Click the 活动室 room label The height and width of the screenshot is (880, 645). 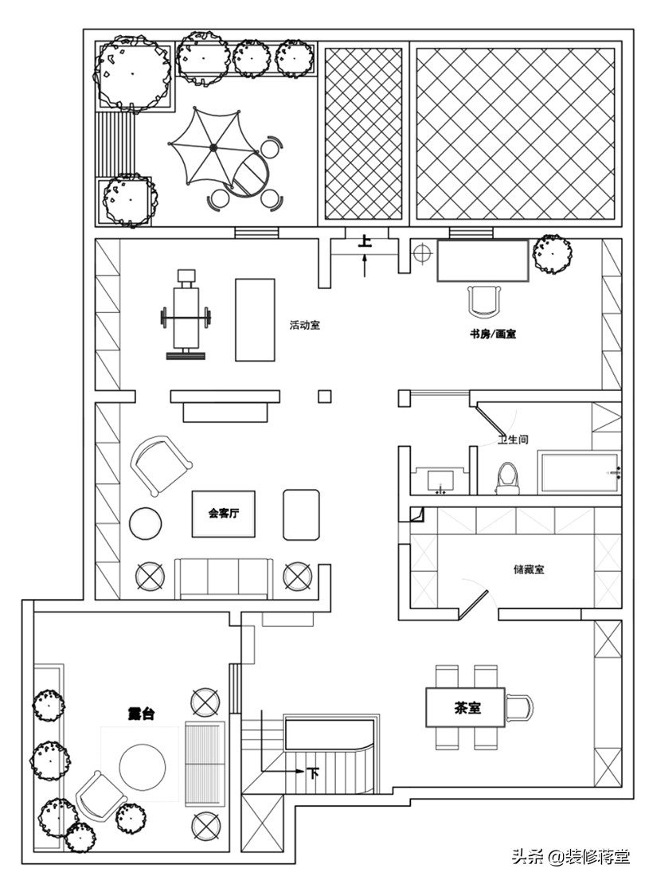(304, 325)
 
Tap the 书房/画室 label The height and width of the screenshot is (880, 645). (493, 334)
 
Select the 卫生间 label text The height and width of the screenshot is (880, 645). (513, 440)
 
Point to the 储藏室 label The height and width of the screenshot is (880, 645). (529, 569)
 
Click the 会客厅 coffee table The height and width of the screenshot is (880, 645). (224, 514)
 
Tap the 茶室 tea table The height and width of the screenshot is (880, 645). (465, 707)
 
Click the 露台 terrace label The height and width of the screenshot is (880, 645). (141, 714)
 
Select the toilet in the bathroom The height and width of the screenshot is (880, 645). (509, 478)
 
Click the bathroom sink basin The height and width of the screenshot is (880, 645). (440, 480)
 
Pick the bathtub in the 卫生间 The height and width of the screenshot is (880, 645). (580, 472)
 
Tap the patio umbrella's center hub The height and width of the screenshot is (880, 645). (213, 147)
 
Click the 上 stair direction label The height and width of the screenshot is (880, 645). (365, 242)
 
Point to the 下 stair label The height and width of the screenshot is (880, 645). (313, 772)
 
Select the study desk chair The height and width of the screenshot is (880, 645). (483, 301)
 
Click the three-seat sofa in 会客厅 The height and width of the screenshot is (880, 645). (224, 577)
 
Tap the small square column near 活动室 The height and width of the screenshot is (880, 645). (324, 397)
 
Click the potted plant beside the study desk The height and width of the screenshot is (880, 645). (553, 253)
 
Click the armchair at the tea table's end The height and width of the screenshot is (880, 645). (519, 707)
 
